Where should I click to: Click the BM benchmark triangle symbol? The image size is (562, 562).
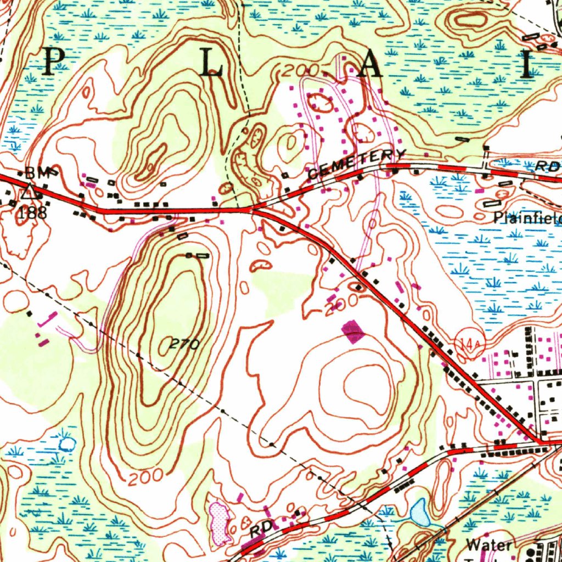coord(30,192)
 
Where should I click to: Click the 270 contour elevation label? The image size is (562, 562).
coord(183,345)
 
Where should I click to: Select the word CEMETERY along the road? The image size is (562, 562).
coord(357,163)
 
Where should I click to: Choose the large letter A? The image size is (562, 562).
coord(370,66)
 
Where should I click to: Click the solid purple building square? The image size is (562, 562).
coord(353,332)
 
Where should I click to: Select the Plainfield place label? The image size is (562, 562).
coord(527,218)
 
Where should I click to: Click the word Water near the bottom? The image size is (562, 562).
coord(489,544)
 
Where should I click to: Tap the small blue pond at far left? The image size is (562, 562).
coord(66,443)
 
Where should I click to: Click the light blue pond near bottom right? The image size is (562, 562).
coord(420,512)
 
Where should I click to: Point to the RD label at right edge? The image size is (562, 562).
coord(548,166)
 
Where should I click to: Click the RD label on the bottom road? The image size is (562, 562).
coord(262,531)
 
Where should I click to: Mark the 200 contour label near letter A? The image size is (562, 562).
coord(302,70)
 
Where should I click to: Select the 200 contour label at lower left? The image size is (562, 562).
coord(146,477)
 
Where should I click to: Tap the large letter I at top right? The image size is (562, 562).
coord(528,64)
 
